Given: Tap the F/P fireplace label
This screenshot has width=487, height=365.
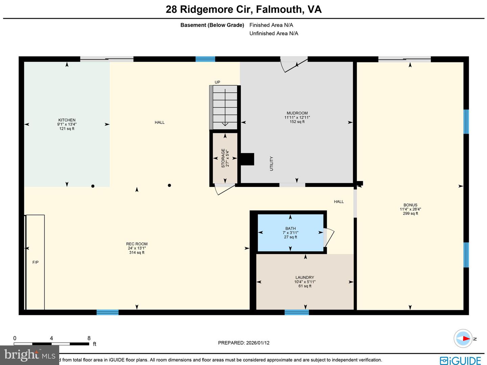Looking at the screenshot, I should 36,262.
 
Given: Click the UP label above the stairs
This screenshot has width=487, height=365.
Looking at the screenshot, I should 217,82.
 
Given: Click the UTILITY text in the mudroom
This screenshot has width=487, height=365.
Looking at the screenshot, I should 271,164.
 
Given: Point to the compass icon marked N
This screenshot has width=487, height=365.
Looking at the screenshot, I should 463,338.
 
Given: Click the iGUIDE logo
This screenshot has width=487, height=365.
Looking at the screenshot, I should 460,360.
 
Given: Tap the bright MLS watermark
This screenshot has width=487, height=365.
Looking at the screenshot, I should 30,355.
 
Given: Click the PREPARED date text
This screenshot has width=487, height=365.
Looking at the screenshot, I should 243,343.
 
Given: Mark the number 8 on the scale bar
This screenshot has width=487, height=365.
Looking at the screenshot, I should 89,338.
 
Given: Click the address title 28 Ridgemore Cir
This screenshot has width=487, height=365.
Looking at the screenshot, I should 243,9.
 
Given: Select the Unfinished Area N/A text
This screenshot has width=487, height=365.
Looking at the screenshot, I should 274,34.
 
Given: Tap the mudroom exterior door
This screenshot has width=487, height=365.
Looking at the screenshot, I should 294,64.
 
